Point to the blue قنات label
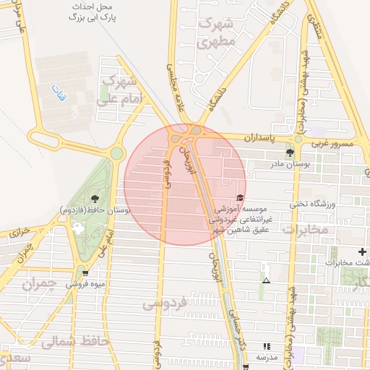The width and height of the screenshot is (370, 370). [x=57, y=92]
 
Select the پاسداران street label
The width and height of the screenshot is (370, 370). [x=260, y=137]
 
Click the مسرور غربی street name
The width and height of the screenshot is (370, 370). [x=333, y=144]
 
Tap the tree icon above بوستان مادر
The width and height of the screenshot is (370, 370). [x=290, y=152]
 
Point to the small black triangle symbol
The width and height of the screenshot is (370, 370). [x=267, y=280]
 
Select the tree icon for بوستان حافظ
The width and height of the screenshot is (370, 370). [x=94, y=197]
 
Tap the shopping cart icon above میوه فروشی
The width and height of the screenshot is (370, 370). [x=86, y=273]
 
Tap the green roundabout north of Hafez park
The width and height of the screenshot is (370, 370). [x=116, y=153]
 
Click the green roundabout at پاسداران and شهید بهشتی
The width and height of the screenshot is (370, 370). [x=298, y=139]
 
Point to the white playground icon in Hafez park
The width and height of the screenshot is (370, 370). [x=77, y=228]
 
